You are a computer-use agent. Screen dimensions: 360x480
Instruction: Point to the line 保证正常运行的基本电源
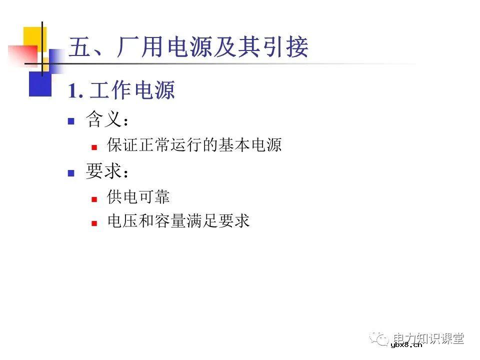194,145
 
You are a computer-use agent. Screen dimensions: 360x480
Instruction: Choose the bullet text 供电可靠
138,197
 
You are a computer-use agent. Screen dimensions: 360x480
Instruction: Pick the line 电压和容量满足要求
178,221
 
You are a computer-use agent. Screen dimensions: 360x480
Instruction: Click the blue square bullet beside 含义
71,121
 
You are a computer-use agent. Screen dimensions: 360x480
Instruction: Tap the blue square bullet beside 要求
71,173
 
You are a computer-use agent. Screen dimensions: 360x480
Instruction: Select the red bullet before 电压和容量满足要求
93,223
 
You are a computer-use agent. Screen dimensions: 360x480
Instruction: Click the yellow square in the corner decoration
34,38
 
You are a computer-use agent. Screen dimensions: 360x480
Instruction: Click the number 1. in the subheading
75,91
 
